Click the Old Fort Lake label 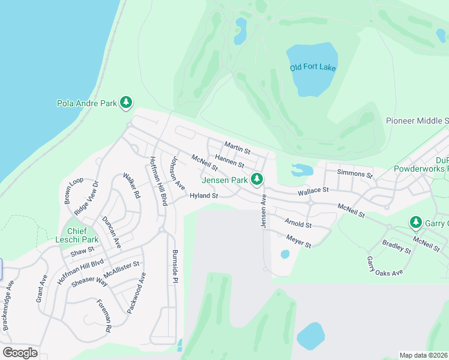tap(312, 67)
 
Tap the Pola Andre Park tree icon tap(126, 103)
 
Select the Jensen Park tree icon tap(257, 179)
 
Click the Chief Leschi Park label tap(77, 236)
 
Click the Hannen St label tap(229, 161)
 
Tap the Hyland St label tap(203, 196)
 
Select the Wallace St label tap(313, 190)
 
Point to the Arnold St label tap(298, 224)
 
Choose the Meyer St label tap(298, 242)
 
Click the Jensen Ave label tap(263, 211)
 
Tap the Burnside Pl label tap(175, 266)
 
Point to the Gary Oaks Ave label tap(384, 266)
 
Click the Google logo tap(20, 352)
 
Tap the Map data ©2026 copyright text tap(423, 355)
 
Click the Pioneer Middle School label tap(417, 121)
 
